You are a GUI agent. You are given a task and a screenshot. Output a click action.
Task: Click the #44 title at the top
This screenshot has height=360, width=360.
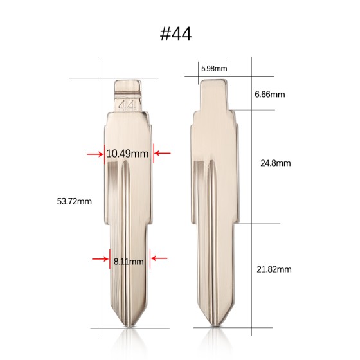click(175, 35)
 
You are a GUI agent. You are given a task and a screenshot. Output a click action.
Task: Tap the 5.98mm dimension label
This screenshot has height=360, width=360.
click(214, 68)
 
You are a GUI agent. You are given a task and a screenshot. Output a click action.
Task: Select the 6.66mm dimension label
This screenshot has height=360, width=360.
click(270, 94)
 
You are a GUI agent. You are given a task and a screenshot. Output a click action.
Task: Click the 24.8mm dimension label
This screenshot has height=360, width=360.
click(276, 163)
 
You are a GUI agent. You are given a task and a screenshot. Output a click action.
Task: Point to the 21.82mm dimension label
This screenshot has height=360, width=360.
click(274, 269)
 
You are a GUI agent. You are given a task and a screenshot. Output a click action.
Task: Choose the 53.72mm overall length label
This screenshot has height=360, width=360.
click(74, 201)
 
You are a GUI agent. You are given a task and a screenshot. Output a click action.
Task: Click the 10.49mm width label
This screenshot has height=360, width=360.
click(127, 154)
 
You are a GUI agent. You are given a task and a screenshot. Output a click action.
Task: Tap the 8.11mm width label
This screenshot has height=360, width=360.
click(129, 262)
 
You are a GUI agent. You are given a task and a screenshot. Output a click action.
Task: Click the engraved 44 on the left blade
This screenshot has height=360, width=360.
click(127, 105)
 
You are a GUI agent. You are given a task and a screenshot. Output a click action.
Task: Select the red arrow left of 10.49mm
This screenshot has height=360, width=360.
click(95, 154)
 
